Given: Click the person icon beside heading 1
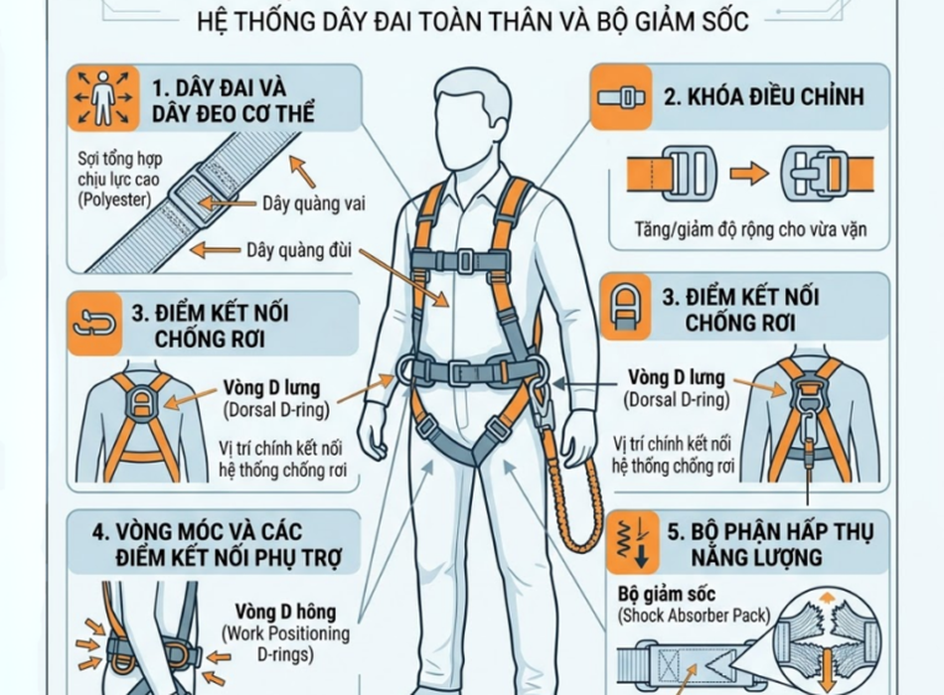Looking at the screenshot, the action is (103, 97).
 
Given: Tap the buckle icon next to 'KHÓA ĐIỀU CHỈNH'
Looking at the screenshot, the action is (621, 97).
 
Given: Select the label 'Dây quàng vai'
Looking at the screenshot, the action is (314, 204).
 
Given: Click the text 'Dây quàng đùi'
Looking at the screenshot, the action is (299, 250).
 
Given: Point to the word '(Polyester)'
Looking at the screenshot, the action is (114, 200).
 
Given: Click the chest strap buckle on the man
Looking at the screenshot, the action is (464, 260).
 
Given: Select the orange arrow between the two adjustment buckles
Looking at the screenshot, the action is (749, 174).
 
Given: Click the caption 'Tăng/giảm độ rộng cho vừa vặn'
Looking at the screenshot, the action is (750, 229).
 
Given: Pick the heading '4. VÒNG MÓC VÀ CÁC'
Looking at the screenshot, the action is (197, 532).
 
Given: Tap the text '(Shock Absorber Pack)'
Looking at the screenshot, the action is (694, 616).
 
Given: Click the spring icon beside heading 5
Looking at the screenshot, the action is (632, 541).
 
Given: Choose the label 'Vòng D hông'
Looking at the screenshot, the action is (285, 612).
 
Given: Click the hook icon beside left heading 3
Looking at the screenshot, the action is (94, 324).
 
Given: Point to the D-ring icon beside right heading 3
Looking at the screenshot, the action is (626, 305).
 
